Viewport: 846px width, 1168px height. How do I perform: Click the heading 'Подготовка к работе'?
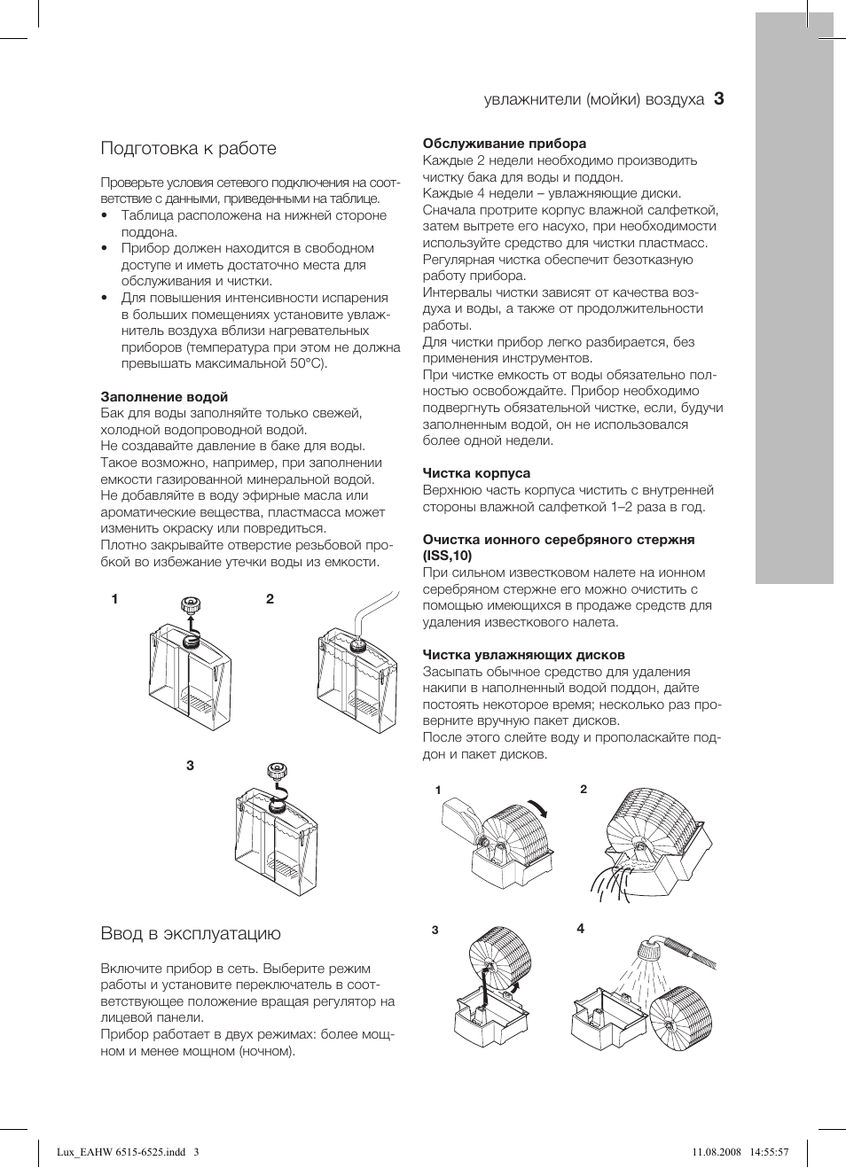click(x=188, y=148)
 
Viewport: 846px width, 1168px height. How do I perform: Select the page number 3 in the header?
click(x=718, y=99)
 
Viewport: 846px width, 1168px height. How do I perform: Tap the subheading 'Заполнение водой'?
click(x=164, y=397)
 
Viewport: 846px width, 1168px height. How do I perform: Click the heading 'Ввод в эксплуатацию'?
click(x=191, y=933)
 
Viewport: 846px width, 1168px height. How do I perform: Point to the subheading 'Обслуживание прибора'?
click(x=504, y=144)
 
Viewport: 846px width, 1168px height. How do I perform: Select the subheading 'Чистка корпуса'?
click(x=476, y=473)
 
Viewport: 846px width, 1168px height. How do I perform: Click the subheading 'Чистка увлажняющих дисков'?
click(x=523, y=655)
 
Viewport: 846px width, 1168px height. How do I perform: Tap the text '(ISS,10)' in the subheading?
click(x=447, y=556)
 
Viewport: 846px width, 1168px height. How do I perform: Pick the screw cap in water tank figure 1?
click(x=191, y=606)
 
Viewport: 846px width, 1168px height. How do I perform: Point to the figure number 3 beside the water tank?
click(x=190, y=766)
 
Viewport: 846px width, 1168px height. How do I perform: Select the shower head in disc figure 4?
click(x=649, y=951)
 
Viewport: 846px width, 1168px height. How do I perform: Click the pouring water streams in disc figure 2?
click(x=612, y=882)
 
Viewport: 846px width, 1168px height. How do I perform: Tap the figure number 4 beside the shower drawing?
click(x=581, y=929)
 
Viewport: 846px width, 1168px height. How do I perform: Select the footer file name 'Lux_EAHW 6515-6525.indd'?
click(x=121, y=1152)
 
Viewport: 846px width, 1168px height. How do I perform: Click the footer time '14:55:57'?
click(x=769, y=1152)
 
